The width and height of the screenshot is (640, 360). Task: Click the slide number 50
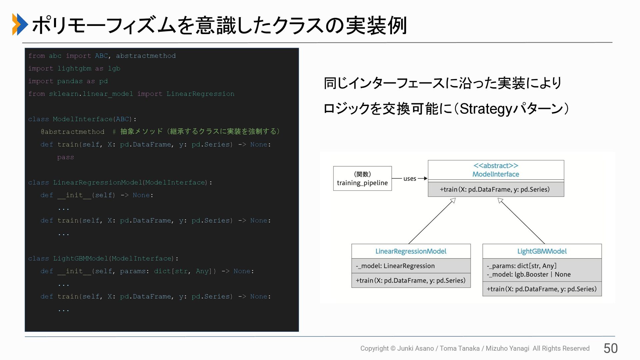coord(610,348)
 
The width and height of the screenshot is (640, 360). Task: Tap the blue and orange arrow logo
coord(20,24)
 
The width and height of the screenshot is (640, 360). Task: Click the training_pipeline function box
coord(362,179)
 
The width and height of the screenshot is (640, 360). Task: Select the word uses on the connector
coord(410,179)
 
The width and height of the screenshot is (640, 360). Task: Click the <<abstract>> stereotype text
coord(496,166)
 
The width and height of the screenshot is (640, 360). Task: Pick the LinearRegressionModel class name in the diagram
coord(411,251)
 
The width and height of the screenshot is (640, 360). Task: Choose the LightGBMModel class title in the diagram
coord(542,251)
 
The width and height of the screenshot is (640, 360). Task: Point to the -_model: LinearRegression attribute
coord(395,266)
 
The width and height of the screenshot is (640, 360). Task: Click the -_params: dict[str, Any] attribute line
coord(522,266)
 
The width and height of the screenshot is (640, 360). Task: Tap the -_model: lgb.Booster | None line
coord(529,275)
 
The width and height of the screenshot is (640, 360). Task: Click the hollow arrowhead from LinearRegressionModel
coord(453,201)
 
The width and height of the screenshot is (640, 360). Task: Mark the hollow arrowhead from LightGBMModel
coord(500,201)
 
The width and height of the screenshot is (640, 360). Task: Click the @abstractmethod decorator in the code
coord(72,132)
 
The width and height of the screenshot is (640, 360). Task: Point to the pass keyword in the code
coord(65,157)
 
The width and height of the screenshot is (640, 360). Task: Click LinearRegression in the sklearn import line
coord(200,94)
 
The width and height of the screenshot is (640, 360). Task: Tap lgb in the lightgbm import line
coord(114,68)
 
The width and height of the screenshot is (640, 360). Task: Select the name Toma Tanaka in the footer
coord(459,348)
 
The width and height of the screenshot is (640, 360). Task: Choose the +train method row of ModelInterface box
coord(496,189)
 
